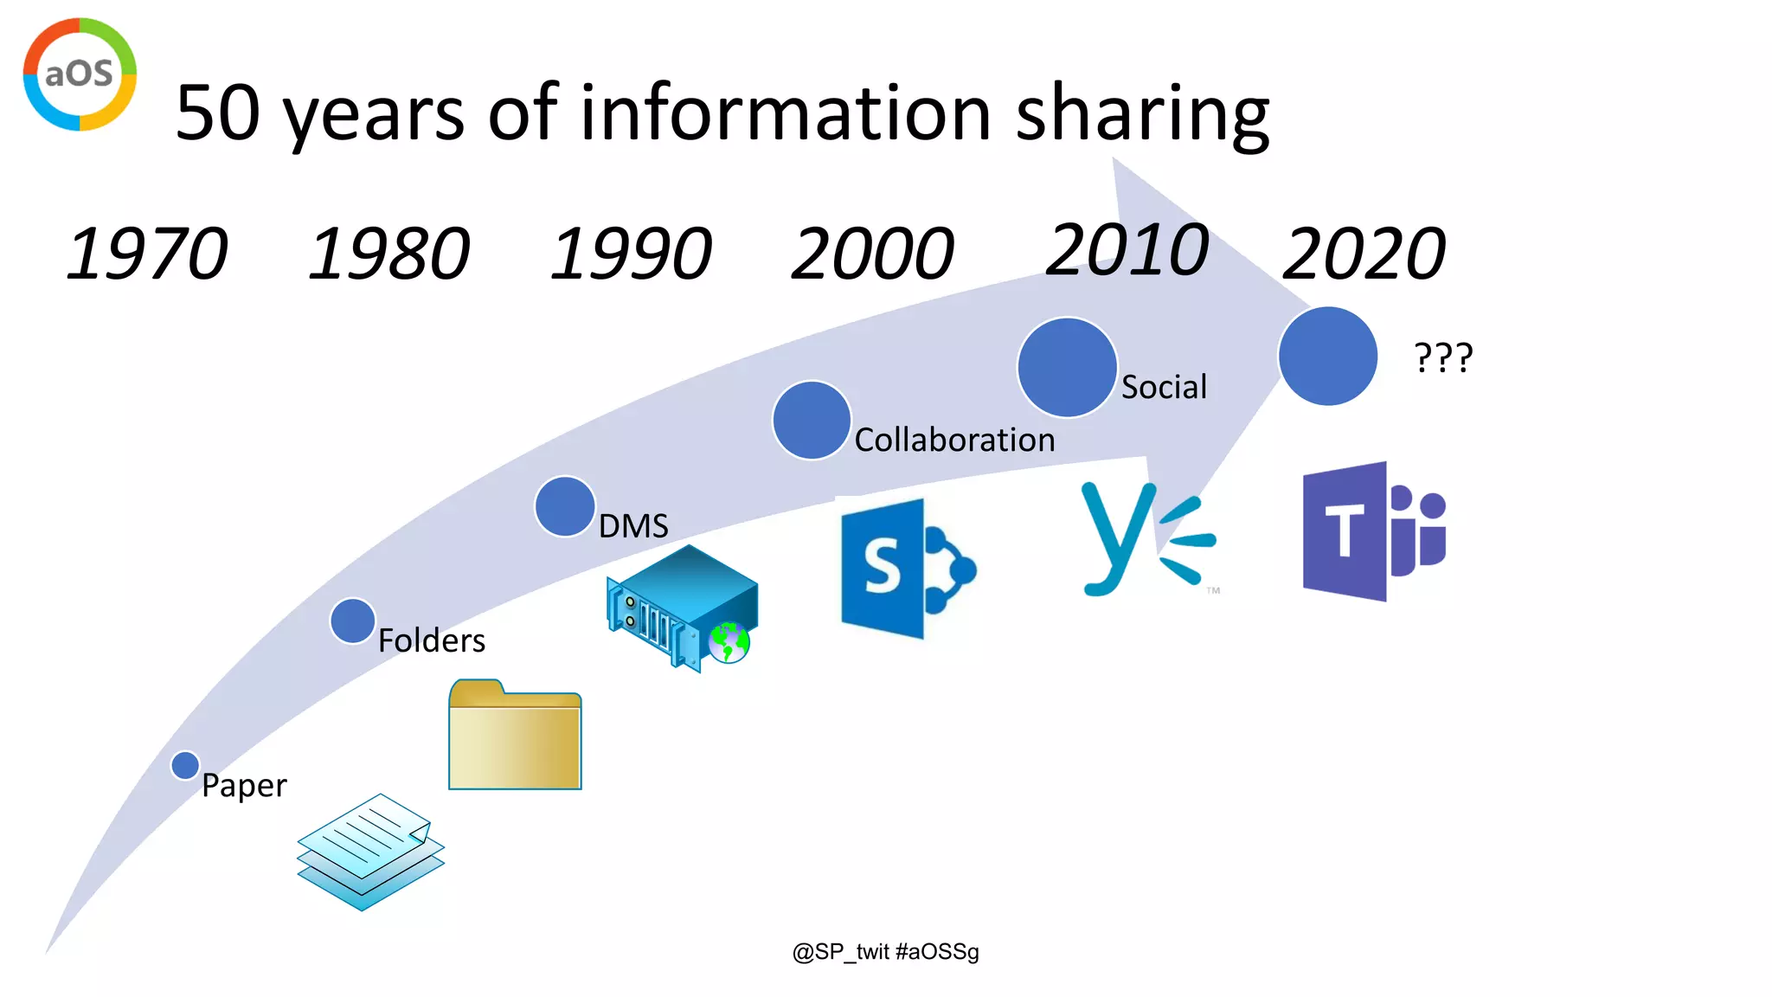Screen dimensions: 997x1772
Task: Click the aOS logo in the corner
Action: click(x=80, y=74)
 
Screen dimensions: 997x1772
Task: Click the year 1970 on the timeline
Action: click(x=147, y=254)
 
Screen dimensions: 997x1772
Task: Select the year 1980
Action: click(x=389, y=254)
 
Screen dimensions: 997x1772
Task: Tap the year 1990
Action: click(x=632, y=254)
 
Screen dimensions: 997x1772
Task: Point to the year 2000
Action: click(x=872, y=254)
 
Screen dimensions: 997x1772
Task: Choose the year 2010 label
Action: click(x=1127, y=250)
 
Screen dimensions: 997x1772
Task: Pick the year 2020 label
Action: click(x=1364, y=254)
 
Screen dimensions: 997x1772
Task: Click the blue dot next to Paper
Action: click(x=185, y=765)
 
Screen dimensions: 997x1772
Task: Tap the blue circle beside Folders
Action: click(x=352, y=621)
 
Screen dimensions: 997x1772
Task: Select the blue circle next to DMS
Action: click(x=565, y=506)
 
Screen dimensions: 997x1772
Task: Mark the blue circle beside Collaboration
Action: click(x=812, y=420)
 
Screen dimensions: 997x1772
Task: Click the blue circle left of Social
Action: click(x=1067, y=367)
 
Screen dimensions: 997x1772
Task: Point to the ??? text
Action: click(x=1443, y=357)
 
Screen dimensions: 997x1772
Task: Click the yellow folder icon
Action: click(x=515, y=736)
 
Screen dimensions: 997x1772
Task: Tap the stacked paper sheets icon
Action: click(x=370, y=852)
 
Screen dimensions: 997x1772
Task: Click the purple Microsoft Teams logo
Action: click(x=1374, y=531)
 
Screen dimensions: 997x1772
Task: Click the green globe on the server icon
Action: click(x=729, y=642)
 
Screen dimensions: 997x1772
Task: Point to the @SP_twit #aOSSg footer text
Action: click(x=885, y=952)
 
